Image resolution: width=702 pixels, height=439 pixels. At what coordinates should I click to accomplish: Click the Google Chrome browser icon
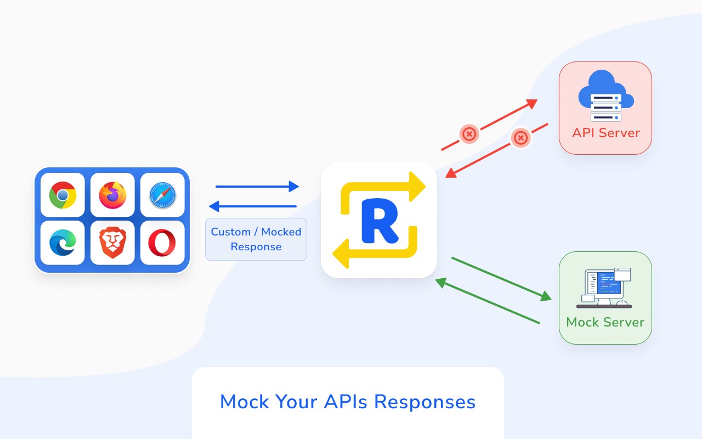click(63, 195)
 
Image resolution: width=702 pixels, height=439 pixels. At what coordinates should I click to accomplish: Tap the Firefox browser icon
click(112, 195)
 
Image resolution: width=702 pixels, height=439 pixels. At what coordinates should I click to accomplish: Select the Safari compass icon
click(162, 195)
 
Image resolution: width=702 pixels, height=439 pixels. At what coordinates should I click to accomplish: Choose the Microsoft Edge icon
click(63, 243)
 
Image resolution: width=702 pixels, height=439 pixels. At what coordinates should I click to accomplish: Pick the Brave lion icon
click(112, 243)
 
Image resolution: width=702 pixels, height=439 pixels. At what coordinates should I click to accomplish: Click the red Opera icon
click(162, 243)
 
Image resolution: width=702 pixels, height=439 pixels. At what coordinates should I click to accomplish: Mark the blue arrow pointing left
click(253, 206)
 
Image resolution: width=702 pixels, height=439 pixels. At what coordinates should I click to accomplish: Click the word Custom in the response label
click(230, 232)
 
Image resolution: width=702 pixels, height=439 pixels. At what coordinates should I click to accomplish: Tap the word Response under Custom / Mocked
click(256, 247)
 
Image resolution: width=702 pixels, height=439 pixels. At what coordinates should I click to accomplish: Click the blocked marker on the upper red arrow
click(469, 133)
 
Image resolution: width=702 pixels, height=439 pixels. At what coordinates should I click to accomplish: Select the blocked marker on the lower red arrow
click(520, 137)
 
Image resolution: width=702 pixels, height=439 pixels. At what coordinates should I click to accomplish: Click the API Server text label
click(605, 133)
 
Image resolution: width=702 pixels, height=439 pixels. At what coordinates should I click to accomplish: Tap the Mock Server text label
click(605, 322)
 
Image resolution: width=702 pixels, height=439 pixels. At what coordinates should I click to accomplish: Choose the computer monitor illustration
click(605, 287)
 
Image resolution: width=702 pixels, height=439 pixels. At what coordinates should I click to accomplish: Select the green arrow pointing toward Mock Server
click(501, 279)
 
